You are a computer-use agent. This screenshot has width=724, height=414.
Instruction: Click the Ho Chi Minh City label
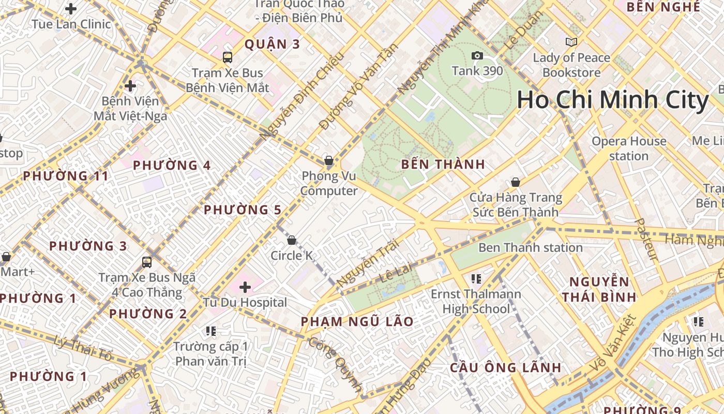point(612,100)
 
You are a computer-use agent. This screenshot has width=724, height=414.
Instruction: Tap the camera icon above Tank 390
point(477,56)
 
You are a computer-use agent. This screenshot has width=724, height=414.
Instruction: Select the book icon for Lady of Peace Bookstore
point(571,42)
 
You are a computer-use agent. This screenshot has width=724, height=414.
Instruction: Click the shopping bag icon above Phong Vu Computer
point(328,160)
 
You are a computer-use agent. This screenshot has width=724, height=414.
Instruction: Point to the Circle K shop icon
point(292,240)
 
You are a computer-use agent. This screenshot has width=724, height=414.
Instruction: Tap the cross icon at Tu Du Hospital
point(245,287)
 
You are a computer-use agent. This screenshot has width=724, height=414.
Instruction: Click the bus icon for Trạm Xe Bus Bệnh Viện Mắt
point(228,57)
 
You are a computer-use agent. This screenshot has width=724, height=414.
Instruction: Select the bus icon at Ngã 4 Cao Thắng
point(147,262)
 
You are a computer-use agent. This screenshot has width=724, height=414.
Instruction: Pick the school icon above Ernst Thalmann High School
point(476,279)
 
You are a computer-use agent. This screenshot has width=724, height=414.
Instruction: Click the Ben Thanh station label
point(530,248)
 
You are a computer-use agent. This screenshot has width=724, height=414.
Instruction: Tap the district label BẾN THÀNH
point(443,165)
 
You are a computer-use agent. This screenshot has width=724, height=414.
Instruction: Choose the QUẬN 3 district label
point(272,45)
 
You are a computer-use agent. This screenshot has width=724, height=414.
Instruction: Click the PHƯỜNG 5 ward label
point(243,210)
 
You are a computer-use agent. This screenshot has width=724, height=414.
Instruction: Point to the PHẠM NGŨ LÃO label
point(357,322)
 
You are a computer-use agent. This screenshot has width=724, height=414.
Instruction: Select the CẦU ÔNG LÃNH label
point(505,368)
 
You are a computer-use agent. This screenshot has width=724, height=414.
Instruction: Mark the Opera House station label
point(629,149)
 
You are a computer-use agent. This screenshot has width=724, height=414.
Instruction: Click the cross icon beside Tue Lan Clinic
point(71,9)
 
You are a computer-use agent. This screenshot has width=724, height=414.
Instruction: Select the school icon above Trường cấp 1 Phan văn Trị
point(210,331)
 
